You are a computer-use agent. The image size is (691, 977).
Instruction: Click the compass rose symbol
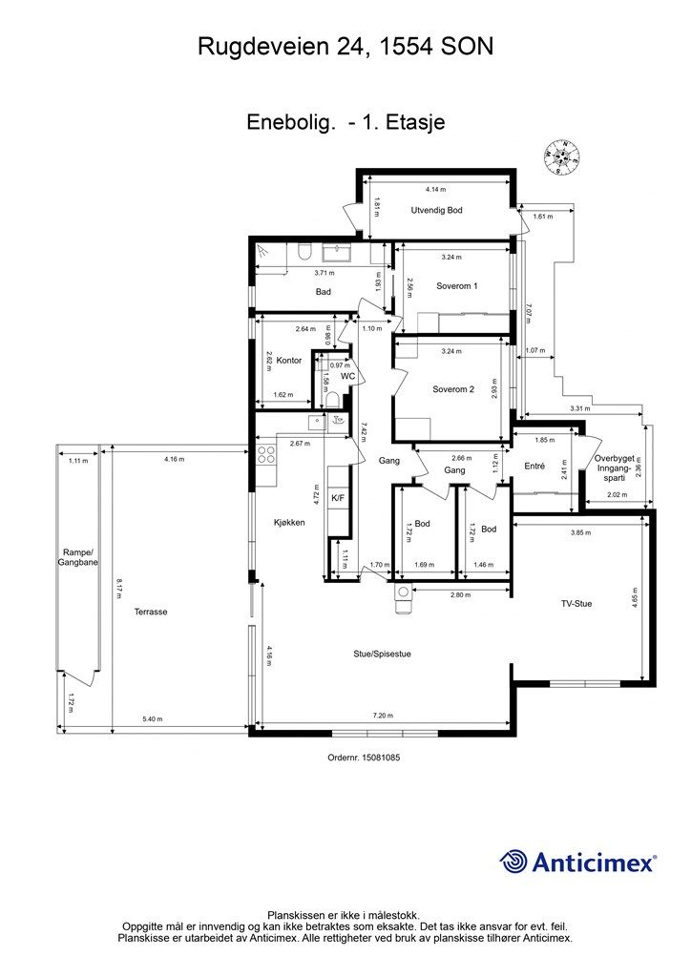click(562, 156)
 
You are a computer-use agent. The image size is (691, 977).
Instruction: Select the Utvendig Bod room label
click(436, 211)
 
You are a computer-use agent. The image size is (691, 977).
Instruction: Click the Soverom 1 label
click(457, 286)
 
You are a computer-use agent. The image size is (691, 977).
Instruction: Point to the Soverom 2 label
click(453, 389)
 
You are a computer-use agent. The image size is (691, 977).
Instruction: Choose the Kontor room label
click(288, 360)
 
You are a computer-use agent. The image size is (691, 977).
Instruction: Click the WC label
click(347, 376)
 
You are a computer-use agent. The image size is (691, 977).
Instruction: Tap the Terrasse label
click(151, 612)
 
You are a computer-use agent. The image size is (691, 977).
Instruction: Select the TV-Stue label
click(576, 604)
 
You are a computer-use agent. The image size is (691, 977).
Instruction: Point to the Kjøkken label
click(289, 523)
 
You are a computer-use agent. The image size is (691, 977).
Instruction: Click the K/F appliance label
click(338, 498)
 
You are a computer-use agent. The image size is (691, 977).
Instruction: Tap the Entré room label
click(534, 466)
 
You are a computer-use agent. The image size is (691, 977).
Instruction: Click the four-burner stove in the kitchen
click(266, 455)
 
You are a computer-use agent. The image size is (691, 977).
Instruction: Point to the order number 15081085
click(364, 759)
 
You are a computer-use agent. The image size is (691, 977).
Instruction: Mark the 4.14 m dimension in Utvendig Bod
click(435, 190)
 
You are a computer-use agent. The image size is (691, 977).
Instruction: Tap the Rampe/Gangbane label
click(78, 557)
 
